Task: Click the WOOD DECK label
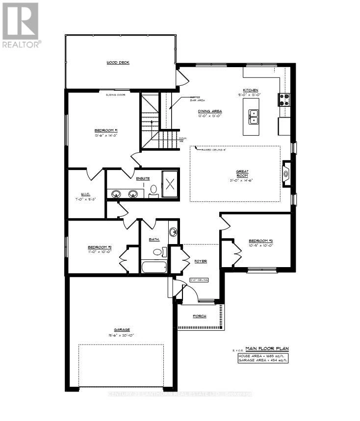click(x=118, y=63)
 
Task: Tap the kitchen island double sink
click(x=254, y=116)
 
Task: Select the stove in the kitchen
click(x=284, y=100)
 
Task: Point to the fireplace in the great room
click(x=286, y=173)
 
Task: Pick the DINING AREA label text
click(x=210, y=111)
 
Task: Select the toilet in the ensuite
click(x=154, y=190)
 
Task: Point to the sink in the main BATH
click(x=173, y=232)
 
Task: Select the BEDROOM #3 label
click(x=260, y=241)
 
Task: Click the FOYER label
click(x=200, y=261)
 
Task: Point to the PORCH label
click(x=200, y=316)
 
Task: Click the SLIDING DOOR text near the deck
click(x=116, y=95)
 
